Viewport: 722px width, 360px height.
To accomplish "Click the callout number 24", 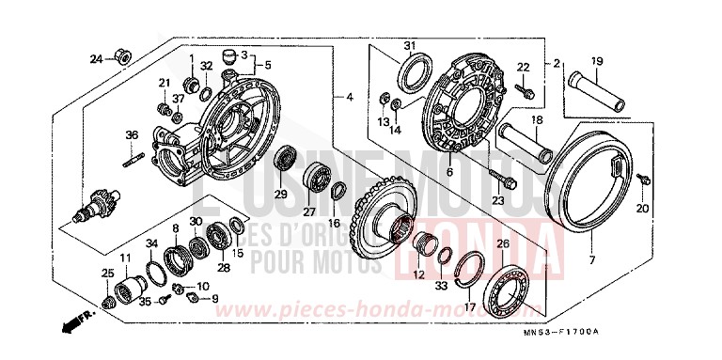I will [96, 59].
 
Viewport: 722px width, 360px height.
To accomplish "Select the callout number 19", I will [596, 63].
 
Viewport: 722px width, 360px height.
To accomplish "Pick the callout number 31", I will [409, 46].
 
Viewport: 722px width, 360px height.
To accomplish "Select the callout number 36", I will [132, 135].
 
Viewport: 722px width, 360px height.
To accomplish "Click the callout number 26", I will [503, 244].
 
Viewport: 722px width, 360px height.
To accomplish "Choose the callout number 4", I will [349, 97].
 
